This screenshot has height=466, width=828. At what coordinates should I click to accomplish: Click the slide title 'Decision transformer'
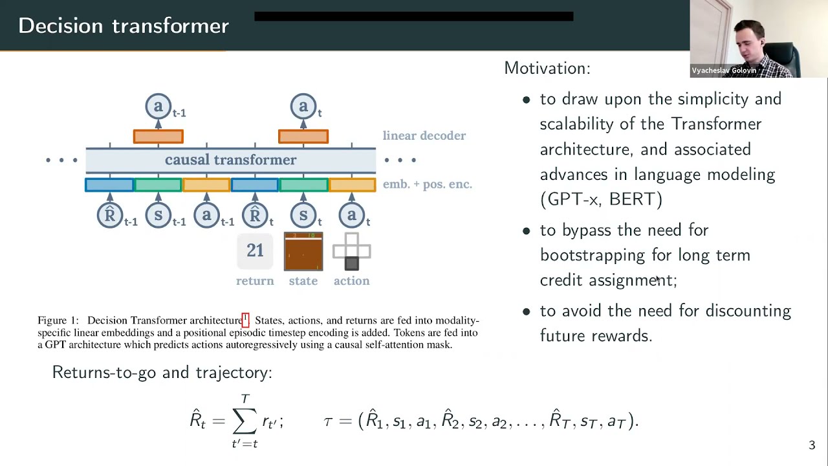(x=124, y=26)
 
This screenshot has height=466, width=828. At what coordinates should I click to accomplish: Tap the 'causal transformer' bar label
(x=230, y=160)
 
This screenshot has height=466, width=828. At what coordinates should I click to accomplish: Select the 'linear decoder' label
(x=424, y=136)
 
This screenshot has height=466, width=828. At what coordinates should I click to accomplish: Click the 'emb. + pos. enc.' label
(x=427, y=184)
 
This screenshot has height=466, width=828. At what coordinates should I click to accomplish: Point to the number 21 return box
(x=255, y=251)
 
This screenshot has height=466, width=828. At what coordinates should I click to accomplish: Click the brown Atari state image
(x=303, y=251)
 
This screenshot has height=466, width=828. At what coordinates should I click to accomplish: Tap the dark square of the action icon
(x=351, y=263)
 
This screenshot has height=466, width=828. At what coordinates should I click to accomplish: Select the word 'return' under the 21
(x=255, y=281)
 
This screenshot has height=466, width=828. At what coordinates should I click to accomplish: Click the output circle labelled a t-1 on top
(x=158, y=106)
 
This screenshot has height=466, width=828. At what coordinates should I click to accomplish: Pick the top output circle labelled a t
(x=303, y=106)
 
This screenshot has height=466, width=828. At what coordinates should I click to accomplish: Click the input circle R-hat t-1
(x=110, y=215)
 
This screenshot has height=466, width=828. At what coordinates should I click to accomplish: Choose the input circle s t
(x=303, y=215)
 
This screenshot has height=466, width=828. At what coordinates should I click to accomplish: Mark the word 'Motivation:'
(x=547, y=69)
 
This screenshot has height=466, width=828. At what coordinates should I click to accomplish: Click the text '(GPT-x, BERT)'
(x=601, y=199)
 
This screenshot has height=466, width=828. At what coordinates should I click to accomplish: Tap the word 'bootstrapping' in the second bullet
(x=593, y=255)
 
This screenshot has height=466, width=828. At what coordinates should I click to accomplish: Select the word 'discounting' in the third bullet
(x=748, y=311)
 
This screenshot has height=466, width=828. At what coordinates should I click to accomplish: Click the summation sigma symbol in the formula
(x=245, y=421)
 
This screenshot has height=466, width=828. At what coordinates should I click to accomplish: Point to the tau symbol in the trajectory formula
(x=328, y=421)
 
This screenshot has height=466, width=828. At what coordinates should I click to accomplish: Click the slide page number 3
(x=812, y=445)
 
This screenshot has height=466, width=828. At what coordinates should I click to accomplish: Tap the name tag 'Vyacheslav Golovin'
(x=723, y=71)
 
